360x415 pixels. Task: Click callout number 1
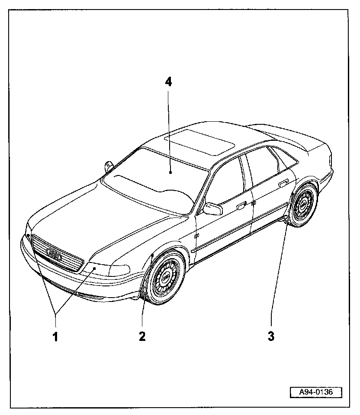coord(55,336)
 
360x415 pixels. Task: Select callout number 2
coord(142,336)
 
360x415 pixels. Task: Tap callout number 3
coord(271,336)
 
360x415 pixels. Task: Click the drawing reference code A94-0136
coord(315,392)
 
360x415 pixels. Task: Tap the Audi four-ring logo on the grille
coord(54,255)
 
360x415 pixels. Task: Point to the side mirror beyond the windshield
coord(108,166)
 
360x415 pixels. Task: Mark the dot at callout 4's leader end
coord(171,172)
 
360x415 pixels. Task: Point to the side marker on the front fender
coord(197,236)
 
